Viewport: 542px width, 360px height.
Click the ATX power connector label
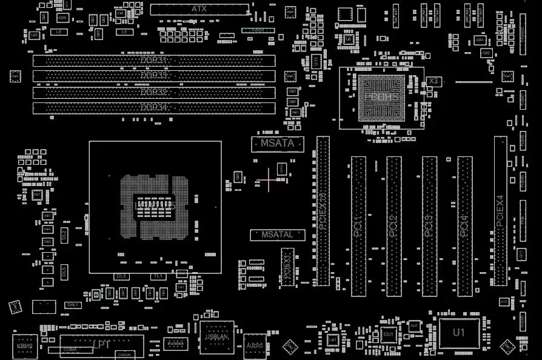pos(199,9)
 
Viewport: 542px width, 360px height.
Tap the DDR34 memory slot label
pos(153,107)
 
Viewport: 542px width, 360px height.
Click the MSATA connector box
pos(277,144)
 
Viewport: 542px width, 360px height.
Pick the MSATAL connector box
pos(277,235)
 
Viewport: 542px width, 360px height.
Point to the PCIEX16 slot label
pos(323,210)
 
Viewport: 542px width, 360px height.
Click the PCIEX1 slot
pos(287,267)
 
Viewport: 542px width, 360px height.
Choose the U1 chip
pos(459,332)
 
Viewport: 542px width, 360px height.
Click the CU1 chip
pos(388,334)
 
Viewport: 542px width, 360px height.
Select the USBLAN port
pos(216,336)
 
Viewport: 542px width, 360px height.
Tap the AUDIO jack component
pos(255,344)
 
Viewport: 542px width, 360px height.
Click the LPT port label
pos(102,345)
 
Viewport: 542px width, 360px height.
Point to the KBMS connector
pos(25,345)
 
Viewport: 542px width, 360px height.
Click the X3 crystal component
pos(433,81)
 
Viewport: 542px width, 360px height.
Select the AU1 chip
pos(414,326)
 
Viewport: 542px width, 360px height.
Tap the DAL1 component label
pos(73,305)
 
